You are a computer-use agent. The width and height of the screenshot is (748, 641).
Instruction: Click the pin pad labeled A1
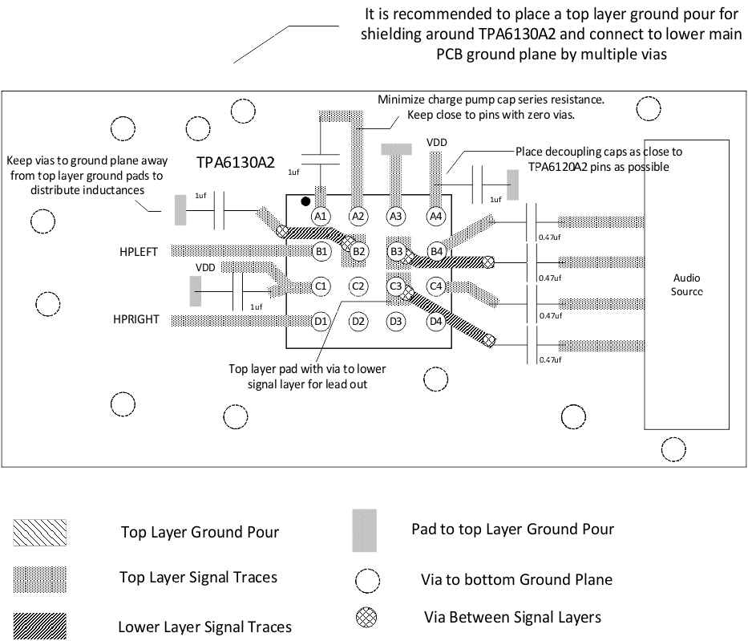point(321,216)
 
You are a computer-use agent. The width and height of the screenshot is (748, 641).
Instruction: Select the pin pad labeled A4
point(436,216)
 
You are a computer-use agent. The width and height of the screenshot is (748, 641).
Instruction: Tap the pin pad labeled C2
point(358,286)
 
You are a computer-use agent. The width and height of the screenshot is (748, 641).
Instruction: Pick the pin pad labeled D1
point(321,322)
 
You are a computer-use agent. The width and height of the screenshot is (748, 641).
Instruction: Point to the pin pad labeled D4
point(436,322)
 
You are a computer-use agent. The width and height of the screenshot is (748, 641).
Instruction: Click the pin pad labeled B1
point(321,251)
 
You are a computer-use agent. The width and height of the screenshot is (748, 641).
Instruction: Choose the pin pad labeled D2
point(358,322)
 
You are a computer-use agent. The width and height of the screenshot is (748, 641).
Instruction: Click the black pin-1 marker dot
point(305,201)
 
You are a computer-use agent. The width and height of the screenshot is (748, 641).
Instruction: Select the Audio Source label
point(686,285)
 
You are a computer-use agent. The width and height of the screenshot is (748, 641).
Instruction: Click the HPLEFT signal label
point(139,252)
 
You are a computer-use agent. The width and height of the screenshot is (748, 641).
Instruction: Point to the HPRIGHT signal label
point(135,320)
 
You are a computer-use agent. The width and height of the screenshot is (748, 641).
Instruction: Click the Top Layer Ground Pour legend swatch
point(39,532)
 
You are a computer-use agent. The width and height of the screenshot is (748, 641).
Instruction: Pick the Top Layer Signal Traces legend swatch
point(39,578)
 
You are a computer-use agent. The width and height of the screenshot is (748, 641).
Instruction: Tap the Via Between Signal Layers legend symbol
point(366,617)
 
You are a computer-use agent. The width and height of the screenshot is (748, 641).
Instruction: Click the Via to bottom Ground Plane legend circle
point(367,580)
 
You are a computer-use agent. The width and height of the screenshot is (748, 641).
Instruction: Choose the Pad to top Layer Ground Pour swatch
point(364,530)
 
